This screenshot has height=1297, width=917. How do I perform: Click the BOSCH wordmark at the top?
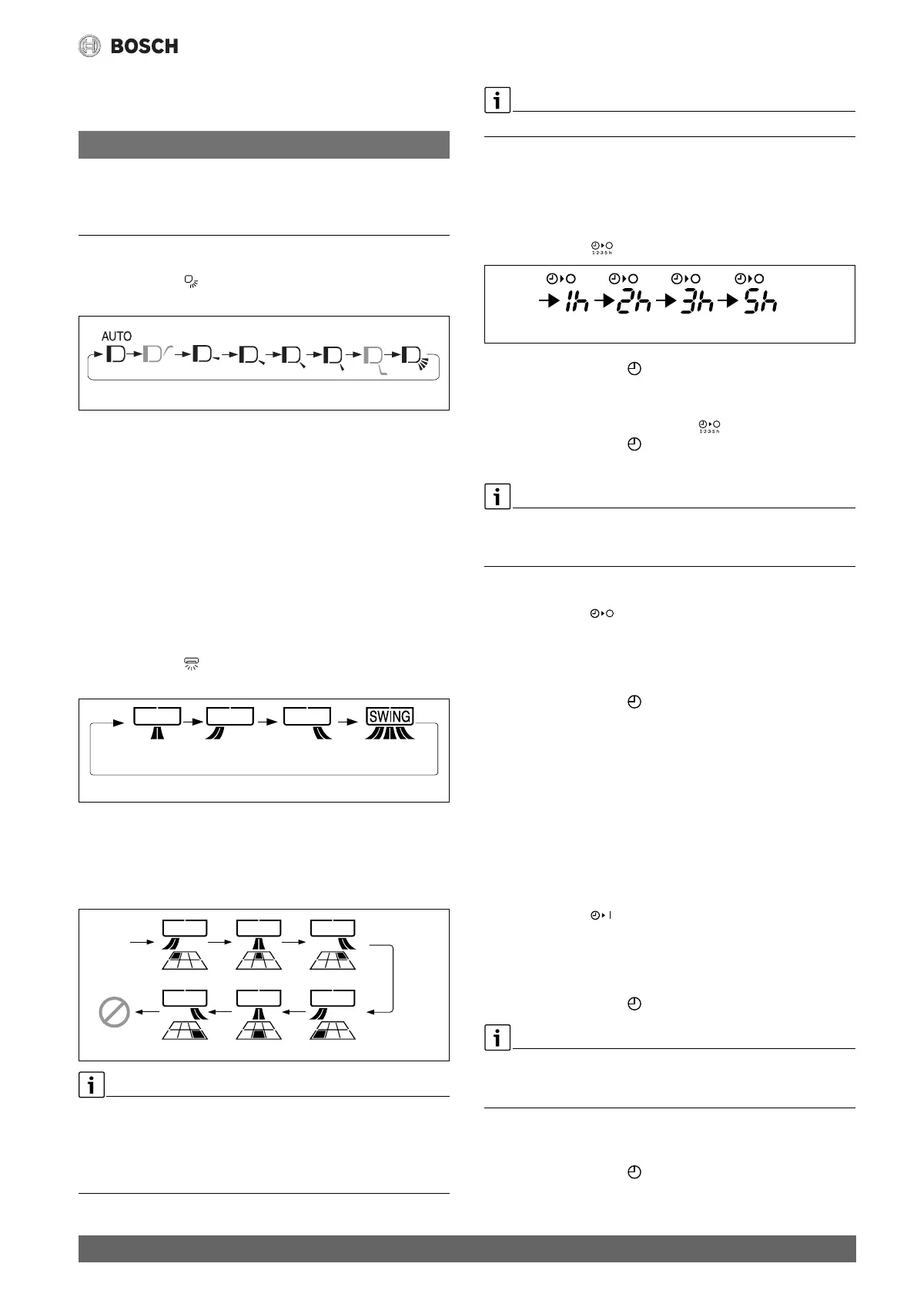tap(145, 46)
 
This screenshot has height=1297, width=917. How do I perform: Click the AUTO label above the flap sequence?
tap(116, 337)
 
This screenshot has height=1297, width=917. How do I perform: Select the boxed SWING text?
tap(390, 716)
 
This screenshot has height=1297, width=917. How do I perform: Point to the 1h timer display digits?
tap(577, 303)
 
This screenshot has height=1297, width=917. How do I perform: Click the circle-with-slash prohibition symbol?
tap(115, 1011)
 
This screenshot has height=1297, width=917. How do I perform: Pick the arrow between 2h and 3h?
tap(663, 303)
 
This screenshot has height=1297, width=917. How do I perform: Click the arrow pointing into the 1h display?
tap(548, 303)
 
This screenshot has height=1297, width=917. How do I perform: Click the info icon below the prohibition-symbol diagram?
tap(91, 1085)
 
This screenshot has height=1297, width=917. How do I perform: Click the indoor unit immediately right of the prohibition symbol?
tap(185, 998)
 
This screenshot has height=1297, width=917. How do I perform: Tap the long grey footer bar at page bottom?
tap(467, 1248)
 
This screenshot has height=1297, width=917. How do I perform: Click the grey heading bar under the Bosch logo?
tap(263, 145)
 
